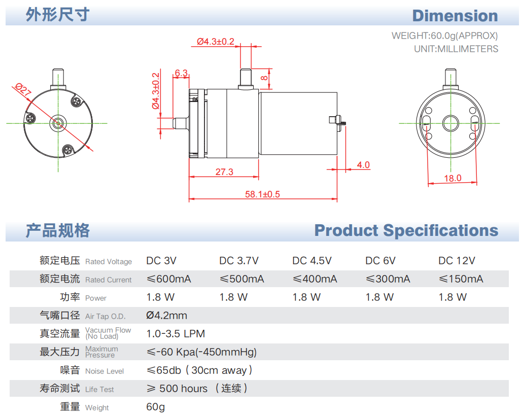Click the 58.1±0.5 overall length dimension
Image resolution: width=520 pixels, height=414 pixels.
pyautogui.click(x=262, y=194)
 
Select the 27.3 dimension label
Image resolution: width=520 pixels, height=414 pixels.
pyautogui.click(x=224, y=172)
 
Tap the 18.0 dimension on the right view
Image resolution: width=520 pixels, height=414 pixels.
pyautogui.click(x=453, y=178)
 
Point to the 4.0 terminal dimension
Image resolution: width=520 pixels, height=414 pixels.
pyautogui.click(x=363, y=165)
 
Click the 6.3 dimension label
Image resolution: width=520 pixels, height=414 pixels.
pyautogui.click(x=181, y=73)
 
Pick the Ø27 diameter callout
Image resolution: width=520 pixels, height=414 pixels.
pyautogui.click(x=23, y=90)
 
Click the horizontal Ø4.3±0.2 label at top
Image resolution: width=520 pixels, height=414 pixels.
pyautogui.click(x=215, y=42)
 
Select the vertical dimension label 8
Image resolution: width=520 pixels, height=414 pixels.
pyautogui.click(x=264, y=78)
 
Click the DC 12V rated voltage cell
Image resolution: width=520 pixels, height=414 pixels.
pyautogui.click(x=457, y=261)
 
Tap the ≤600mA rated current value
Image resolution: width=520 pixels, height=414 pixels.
pyautogui.click(x=168, y=279)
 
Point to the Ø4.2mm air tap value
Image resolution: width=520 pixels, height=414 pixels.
pyautogui.click(x=166, y=316)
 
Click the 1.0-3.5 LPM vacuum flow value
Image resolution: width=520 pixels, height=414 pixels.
pyautogui.click(x=176, y=334)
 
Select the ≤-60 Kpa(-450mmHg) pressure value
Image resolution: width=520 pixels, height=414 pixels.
pyautogui.click(x=201, y=352)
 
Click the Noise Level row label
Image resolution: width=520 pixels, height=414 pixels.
pyautogui.click(x=104, y=371)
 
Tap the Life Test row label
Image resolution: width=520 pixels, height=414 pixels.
pyautogui.click(x=99, y=389)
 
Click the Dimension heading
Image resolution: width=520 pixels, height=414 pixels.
pyautogui.click(x=455, y=16)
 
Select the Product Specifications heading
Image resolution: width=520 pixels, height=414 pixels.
pyautogui.click(x=406, y=230)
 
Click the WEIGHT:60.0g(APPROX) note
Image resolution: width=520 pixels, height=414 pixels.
pyautogui.click(x=444, y=36)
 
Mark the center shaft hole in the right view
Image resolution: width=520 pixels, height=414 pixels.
pyautogui.click(x=450, y=123)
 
